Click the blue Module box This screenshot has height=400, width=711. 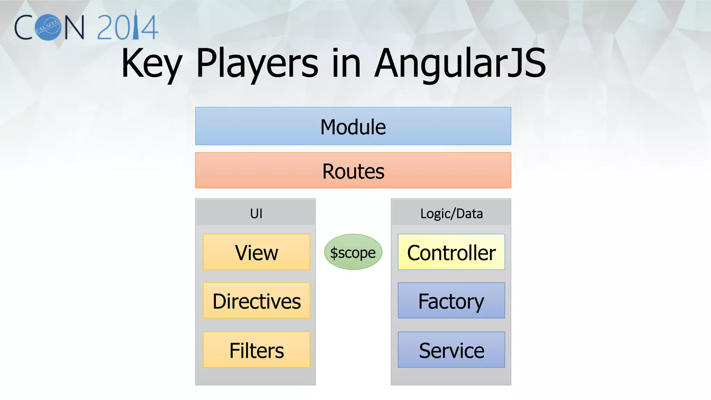coord(353,126)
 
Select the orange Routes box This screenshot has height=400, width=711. coord(353,170)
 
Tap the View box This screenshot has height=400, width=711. coord(256,252)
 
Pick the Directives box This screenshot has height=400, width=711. coord(256,301)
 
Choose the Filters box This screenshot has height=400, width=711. coord(256,350)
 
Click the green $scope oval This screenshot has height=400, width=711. coord(353,252)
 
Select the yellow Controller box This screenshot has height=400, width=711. coord(451,252)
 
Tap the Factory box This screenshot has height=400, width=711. coord(451,301)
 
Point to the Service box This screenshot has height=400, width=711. coord(451,350)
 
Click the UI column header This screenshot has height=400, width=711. coord(256,213)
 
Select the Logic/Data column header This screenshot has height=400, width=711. coord(451,213)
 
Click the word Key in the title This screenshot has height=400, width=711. coord(151,65)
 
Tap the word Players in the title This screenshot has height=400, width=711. coord(257,65)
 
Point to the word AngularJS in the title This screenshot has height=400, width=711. coord(460,64)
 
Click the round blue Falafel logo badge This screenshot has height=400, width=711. coord(48,27)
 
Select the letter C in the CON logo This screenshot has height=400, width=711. coord(24,27)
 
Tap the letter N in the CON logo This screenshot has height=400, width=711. coord(74,27)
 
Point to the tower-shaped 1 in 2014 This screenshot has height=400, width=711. coord(136,25)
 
